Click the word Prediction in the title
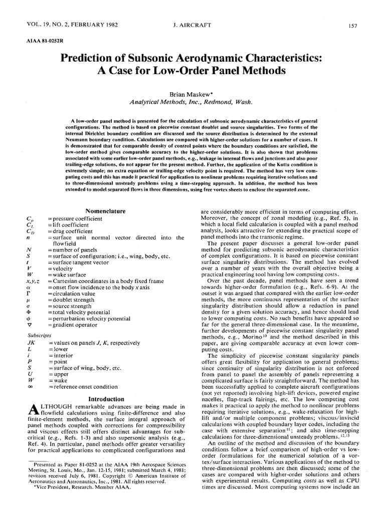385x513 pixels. (86, 58)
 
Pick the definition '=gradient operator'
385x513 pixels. (72, 325)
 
